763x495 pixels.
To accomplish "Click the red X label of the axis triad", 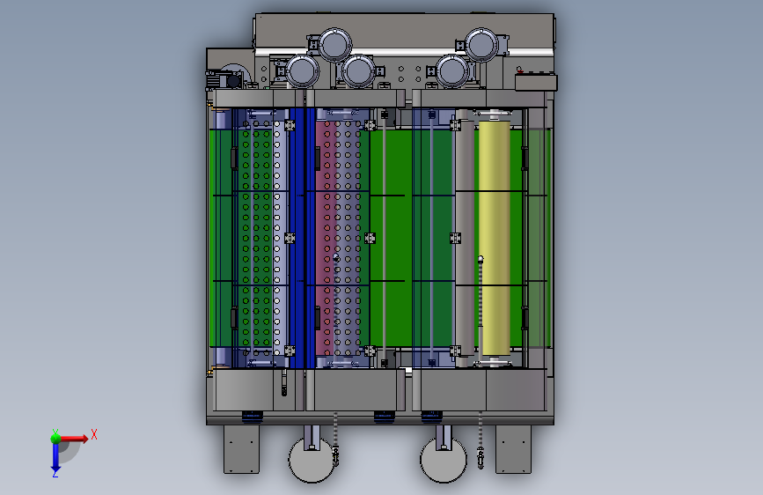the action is pos(94,434).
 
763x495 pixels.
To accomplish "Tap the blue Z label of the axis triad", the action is pos(55,473).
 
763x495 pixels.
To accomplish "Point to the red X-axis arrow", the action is pos(73,439).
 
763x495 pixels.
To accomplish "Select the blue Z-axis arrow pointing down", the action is pos(55,455).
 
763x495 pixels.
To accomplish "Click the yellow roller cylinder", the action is pos(495,238).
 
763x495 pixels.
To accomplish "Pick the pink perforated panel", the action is pos(325,238).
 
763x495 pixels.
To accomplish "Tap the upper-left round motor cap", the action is pos(334,44).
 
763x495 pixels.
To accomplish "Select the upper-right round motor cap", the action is pos(481,44).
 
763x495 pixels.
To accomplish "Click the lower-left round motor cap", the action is pos(302,71).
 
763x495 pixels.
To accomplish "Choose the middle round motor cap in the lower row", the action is pos(359,71).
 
